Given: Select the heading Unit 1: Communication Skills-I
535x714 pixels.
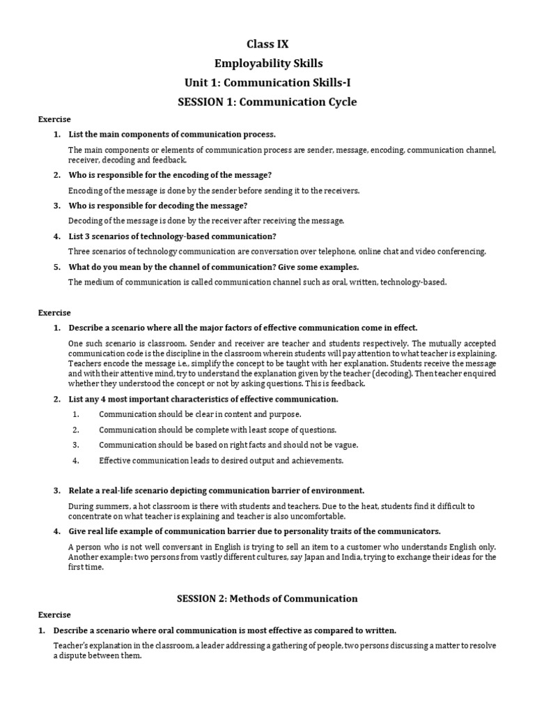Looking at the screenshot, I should [267, 83].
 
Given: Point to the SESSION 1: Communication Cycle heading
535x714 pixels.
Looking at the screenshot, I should [267, 102].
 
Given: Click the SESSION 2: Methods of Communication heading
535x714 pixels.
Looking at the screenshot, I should [267, 598].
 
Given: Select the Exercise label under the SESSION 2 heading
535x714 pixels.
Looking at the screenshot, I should [54, 615].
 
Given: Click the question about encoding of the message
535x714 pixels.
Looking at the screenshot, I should [170, 174].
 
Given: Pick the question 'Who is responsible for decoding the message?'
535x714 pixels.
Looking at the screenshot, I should [157, 205].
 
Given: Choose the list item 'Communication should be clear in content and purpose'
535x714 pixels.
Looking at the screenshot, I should [200, 414].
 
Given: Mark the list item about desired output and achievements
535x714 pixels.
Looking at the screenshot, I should [221, 460].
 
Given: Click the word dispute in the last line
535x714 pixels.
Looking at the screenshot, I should [74, 656].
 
